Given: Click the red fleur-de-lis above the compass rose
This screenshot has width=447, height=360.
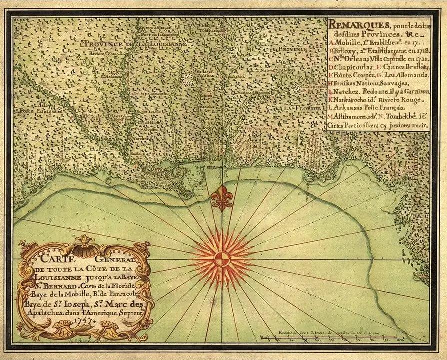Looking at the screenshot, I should tap(222, 198).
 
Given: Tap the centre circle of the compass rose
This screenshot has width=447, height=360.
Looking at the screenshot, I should tap(222, 259).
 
